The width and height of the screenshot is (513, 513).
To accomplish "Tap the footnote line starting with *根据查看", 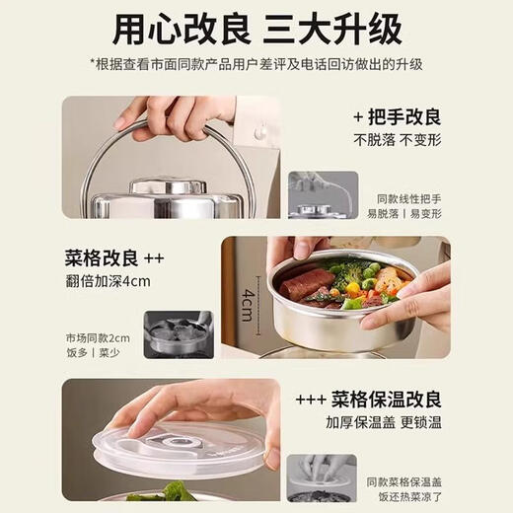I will click(256, 64).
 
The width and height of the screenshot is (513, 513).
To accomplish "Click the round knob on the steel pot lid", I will click(169, 185).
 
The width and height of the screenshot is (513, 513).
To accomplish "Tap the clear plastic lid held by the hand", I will click(187, 444).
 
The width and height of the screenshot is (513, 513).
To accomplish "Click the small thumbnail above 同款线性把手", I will click(323, 194).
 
